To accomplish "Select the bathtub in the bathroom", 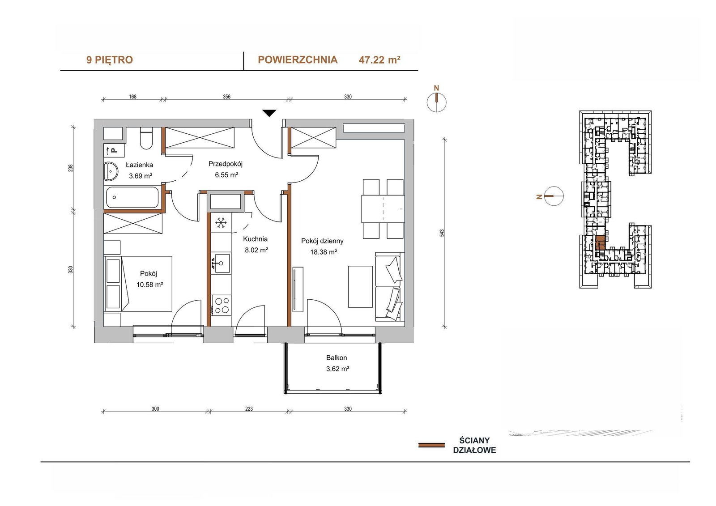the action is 132,198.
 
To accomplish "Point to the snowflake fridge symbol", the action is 221,222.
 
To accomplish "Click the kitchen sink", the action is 221,263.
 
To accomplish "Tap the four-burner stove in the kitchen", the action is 221,305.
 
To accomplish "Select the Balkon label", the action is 336,357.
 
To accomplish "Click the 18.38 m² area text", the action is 324,252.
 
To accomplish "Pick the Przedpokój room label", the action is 226,164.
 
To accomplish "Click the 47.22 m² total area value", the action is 379,60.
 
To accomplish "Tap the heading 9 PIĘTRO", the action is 109,60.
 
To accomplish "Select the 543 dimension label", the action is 442,233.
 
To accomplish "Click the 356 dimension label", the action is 226,97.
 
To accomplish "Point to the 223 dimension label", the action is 249,408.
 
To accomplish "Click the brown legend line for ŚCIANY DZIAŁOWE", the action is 431,445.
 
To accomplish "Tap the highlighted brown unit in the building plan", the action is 600,242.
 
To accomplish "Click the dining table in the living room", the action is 383,208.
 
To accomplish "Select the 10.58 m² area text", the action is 149,284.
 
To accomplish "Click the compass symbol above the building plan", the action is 437,102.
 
